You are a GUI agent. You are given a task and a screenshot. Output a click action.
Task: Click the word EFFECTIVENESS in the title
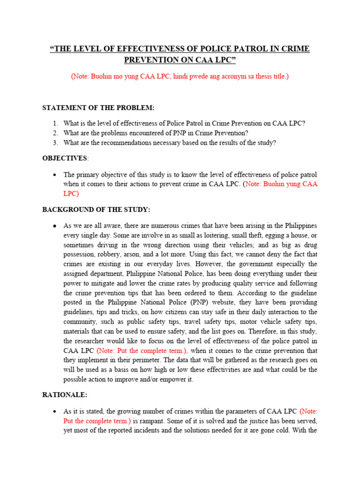coord(138,49)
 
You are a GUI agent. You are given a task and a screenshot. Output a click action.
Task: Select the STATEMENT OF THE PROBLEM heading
coord(98,108)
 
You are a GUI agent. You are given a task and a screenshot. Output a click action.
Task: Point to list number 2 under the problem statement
coord(55,133)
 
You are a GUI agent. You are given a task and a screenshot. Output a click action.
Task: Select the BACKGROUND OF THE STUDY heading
coord(96,209)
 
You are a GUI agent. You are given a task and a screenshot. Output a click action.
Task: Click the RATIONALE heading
coord(65,395)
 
